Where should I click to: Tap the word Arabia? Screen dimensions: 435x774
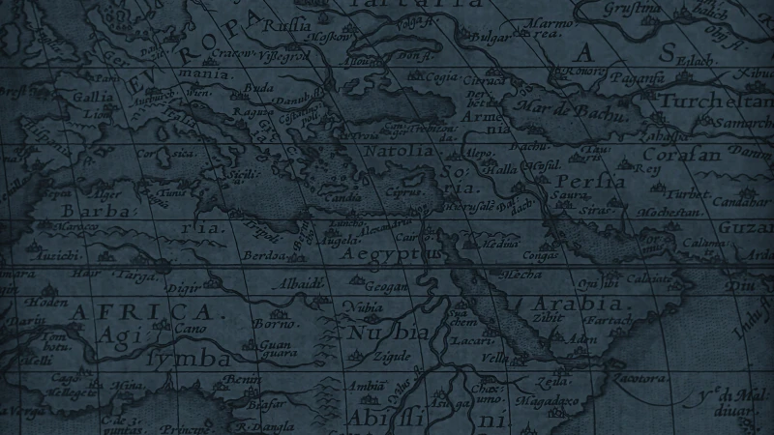click(x=569, y=304)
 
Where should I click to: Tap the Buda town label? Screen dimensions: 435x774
click(x=260, y=87)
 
